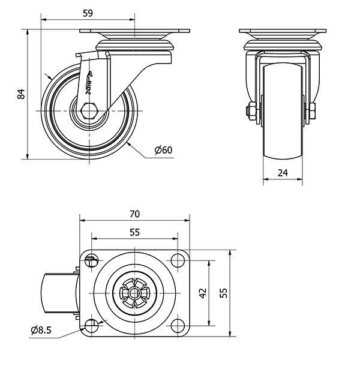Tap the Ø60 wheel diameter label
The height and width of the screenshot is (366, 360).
coord(163,150)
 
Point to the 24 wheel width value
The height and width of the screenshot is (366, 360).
coord(283,173)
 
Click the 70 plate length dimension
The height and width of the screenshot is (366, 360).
coord(134,214)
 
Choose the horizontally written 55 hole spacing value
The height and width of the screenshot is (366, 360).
coord(134,231)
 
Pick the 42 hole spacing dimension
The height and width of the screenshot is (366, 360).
coord(203,293)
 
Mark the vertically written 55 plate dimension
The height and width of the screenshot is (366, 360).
coord(223,293)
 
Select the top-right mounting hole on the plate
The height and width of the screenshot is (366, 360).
coord(178,261)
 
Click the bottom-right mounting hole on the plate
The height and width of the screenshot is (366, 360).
coord(178,325)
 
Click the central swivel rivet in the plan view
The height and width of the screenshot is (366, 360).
coord(134,293)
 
